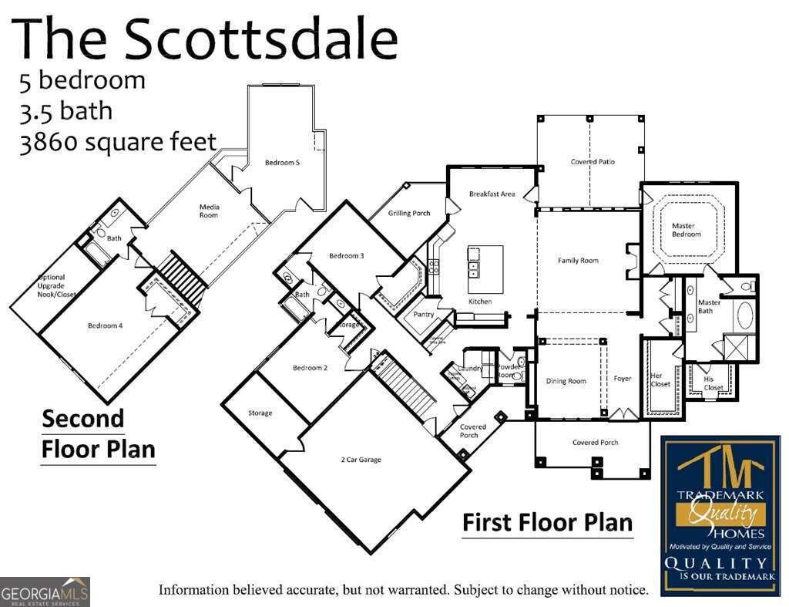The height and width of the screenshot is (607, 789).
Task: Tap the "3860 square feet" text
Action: click(x=118, y=143)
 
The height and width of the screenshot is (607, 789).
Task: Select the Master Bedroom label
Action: click(x=683, y=230)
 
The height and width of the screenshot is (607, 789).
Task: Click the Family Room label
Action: click(x=578, y=261)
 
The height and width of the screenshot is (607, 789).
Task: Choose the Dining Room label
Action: click(x=566, y=381)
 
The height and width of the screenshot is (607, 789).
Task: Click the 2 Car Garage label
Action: click(x=361, y=460)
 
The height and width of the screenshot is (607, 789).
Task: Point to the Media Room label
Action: click(x=209, y=211)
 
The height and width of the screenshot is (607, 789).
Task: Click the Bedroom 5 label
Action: click(x=282, y=162)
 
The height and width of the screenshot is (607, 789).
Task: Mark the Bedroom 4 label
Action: click(x=104, y=325)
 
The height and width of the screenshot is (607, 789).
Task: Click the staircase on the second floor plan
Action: click(x=183, y=277)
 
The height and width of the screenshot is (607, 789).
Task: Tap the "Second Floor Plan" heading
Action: click(x=98, y=433)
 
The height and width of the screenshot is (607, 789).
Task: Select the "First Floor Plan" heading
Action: click(x=547, y=522)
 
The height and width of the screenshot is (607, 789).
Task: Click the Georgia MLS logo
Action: click(x=45, y=592)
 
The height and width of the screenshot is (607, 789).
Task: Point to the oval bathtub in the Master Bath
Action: click(x=745, y=316)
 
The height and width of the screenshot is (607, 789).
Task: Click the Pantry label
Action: click(x=423, y=315)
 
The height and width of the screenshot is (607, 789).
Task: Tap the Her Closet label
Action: click(x=660, y=379)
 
